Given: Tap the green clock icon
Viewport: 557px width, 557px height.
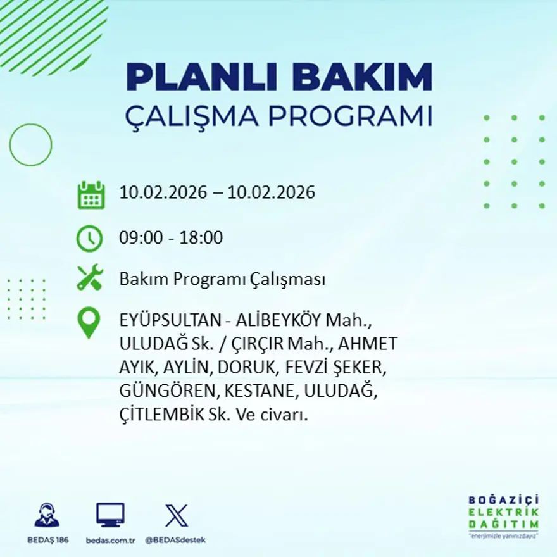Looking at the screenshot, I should pos(89,239).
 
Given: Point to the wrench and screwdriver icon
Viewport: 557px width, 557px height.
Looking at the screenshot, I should pos(89,278).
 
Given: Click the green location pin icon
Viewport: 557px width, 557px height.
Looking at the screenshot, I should pos(89,323).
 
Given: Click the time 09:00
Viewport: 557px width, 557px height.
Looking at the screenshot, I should pos(140,239).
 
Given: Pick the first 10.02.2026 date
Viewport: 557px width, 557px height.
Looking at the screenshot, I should pos(163,192).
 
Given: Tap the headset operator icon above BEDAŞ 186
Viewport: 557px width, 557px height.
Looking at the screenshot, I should pos(47,516).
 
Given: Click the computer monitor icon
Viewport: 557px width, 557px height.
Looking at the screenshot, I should pos(110,515).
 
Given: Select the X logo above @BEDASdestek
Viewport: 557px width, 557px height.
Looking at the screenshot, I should pos(176,515).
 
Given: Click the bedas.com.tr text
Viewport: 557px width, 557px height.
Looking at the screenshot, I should pos(111,540).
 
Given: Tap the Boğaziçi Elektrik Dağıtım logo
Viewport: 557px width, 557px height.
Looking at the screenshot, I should pos(504,515).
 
